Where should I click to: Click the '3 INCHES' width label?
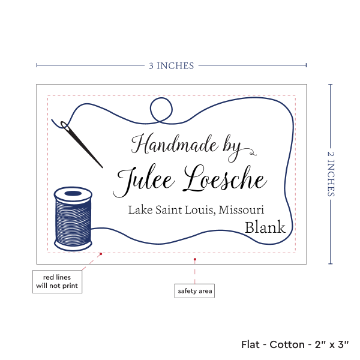[171, 66]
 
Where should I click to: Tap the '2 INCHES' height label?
[331, 174]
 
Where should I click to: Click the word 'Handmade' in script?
[175, 144]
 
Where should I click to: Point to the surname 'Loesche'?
[226, 179]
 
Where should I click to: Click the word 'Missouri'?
[241, 209]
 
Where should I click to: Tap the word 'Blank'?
[265, 227]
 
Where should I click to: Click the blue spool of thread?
[73, 218]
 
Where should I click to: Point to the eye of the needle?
[64, 125]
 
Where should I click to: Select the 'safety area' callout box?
[194, 291]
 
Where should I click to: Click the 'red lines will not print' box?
[57, 281]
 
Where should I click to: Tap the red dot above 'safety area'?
[194, 259]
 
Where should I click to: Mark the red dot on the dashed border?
[101, 254]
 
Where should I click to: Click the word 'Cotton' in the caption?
[287, 344]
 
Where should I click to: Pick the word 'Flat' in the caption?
[250, 344]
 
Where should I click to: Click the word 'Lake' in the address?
[140, 209]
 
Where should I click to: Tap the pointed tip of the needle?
[102, 167]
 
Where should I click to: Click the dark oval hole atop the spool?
[73, 193]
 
